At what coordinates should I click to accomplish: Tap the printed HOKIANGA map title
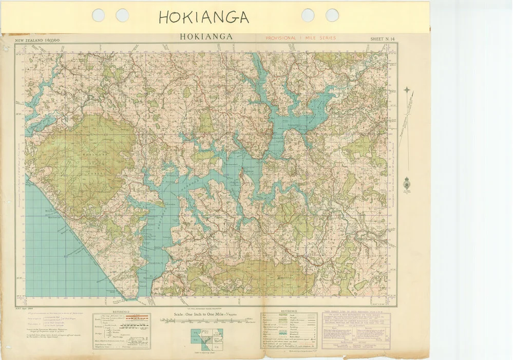pos(206,37)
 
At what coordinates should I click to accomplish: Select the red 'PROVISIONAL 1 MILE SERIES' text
pos(300,38)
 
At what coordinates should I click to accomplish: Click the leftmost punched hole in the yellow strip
pos(98,15)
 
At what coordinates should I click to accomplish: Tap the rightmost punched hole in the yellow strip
pos(332,15)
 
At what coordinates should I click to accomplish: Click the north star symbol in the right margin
pos(407,90)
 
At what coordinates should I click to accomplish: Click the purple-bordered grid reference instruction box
pos(355,329)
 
